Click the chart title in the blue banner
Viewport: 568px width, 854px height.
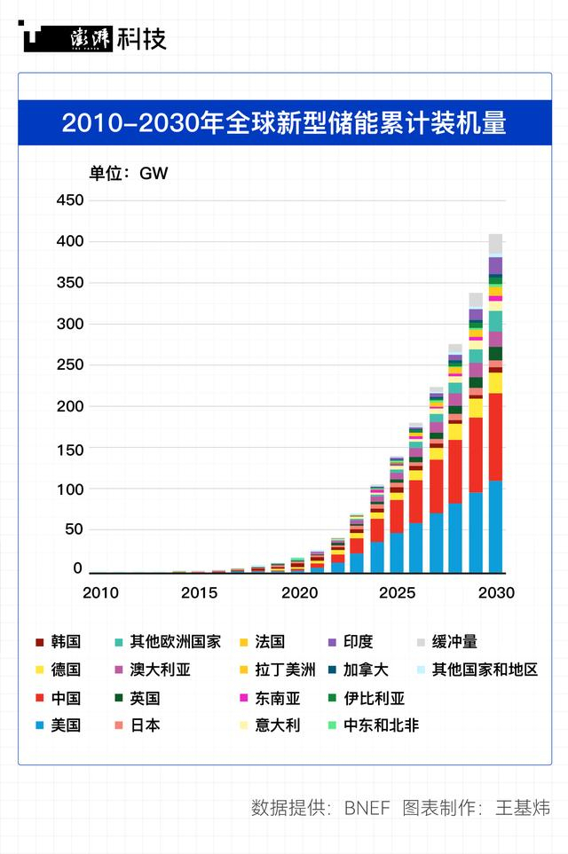point(284,121)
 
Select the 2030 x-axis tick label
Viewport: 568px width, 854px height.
point(495,592)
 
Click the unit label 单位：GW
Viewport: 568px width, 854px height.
point(128,173)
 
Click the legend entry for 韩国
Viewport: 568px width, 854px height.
point(57,642)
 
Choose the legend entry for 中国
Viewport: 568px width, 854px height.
point(57,698)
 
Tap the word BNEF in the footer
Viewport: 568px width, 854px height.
point(367,809)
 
